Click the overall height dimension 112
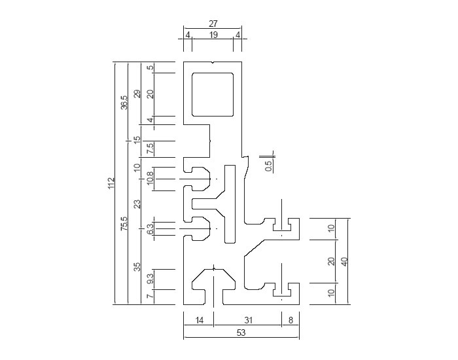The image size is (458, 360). pos(111,183)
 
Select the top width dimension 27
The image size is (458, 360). pos(213,24)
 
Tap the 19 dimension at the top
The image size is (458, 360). pos(213,35)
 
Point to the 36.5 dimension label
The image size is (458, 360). pos(124,102)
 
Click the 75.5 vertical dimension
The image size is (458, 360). pos(124,224)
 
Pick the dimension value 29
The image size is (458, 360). pos(137,94)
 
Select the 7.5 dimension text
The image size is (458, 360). pos(150,149)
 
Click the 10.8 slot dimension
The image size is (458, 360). pos(150,177)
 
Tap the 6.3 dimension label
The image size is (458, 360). pos(150,229)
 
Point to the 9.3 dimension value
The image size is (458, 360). pos(150,279)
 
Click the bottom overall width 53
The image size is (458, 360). pos(241,333)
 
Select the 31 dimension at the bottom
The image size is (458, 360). pos(248,320)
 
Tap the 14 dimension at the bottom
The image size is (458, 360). pos(199,320)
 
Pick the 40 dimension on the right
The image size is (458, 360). pos(344,261)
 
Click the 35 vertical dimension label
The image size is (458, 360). pos(137,267)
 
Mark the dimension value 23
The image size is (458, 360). pos(137,204)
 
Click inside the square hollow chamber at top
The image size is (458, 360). pos(213,95)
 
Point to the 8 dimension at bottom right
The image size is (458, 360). pos(291,320)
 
